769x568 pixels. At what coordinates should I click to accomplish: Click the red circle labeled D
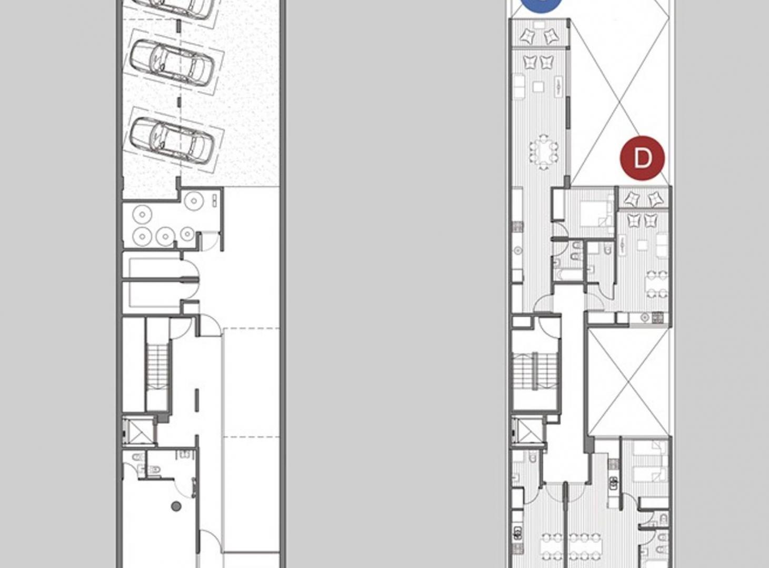click(642, 158)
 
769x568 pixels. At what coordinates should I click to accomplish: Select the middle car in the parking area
click(172, 63)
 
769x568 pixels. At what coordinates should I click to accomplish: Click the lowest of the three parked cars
click(172, 140)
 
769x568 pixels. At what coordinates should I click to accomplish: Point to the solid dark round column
click(176, 506)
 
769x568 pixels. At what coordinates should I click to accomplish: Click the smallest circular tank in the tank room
click(187, 234)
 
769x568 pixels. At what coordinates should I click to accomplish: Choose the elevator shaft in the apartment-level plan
click(528, 431)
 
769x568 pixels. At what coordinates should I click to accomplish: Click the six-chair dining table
click(544, 151)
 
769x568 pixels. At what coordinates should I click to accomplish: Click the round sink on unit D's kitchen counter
click(645, 318)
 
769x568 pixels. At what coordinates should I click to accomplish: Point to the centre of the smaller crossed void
click(628, 382)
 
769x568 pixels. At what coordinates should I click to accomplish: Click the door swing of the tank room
click(211, 240)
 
